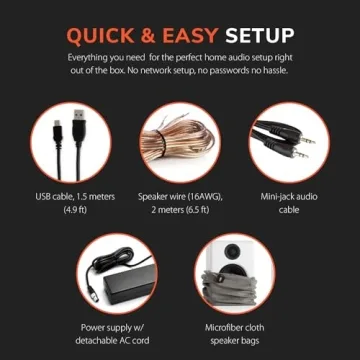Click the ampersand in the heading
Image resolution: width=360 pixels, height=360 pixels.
tap(153, 36)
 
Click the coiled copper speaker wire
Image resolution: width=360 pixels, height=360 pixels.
tap(180, 141)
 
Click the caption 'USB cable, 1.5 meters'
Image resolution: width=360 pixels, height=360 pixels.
tap(76, 198)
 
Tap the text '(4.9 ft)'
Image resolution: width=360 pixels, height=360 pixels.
tap(76, 211)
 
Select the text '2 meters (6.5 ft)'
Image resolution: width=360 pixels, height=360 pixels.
tap(180, 211)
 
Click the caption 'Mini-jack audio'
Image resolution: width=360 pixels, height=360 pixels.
tap(284, 198)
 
